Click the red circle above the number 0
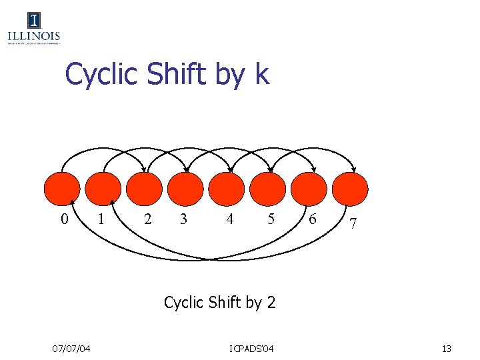61,188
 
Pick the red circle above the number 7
350,188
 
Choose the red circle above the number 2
144,188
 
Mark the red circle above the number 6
309,188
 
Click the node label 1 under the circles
101,219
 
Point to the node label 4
230,219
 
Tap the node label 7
353,226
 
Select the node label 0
64,219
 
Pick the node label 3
183,219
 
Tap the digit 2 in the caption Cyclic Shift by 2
271,302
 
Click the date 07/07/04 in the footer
72,348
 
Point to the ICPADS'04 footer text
251,348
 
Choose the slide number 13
446,348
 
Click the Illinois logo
34,29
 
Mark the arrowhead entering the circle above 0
72,202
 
